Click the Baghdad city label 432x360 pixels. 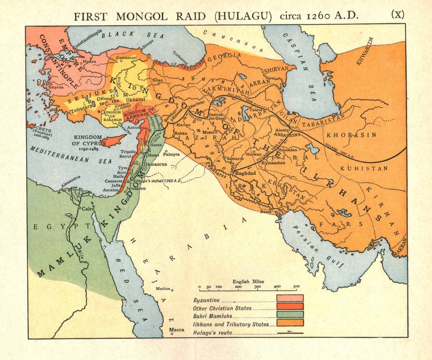tap(245, 173)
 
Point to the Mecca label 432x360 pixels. tap(177, 329)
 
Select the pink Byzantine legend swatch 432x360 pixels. tap(290, 299)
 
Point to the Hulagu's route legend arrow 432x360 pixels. tap(290, 333)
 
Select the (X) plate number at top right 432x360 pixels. tap(398, 14)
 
